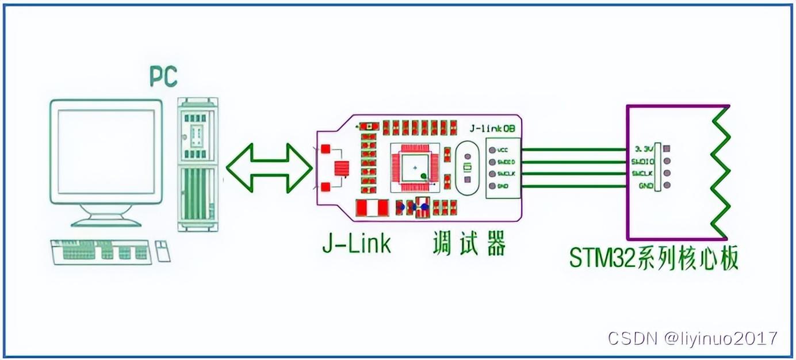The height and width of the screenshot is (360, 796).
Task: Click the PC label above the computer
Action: (163, 76)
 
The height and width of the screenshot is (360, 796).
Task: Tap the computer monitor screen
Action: (106, 150)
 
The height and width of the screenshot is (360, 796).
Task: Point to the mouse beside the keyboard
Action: (163, 251)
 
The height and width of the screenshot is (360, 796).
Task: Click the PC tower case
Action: (197, 164)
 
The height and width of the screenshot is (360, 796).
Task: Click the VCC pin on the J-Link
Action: (492, 150)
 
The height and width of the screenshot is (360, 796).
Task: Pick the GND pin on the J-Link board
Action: (492, 186)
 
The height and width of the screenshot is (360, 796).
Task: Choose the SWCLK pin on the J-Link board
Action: (492, 174)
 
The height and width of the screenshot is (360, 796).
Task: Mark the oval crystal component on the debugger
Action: (467, 167)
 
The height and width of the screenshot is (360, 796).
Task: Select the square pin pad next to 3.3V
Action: (666, 148)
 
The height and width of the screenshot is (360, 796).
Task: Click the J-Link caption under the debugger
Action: (357, 244)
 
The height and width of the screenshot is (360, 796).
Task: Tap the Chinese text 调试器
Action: (469, 244)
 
